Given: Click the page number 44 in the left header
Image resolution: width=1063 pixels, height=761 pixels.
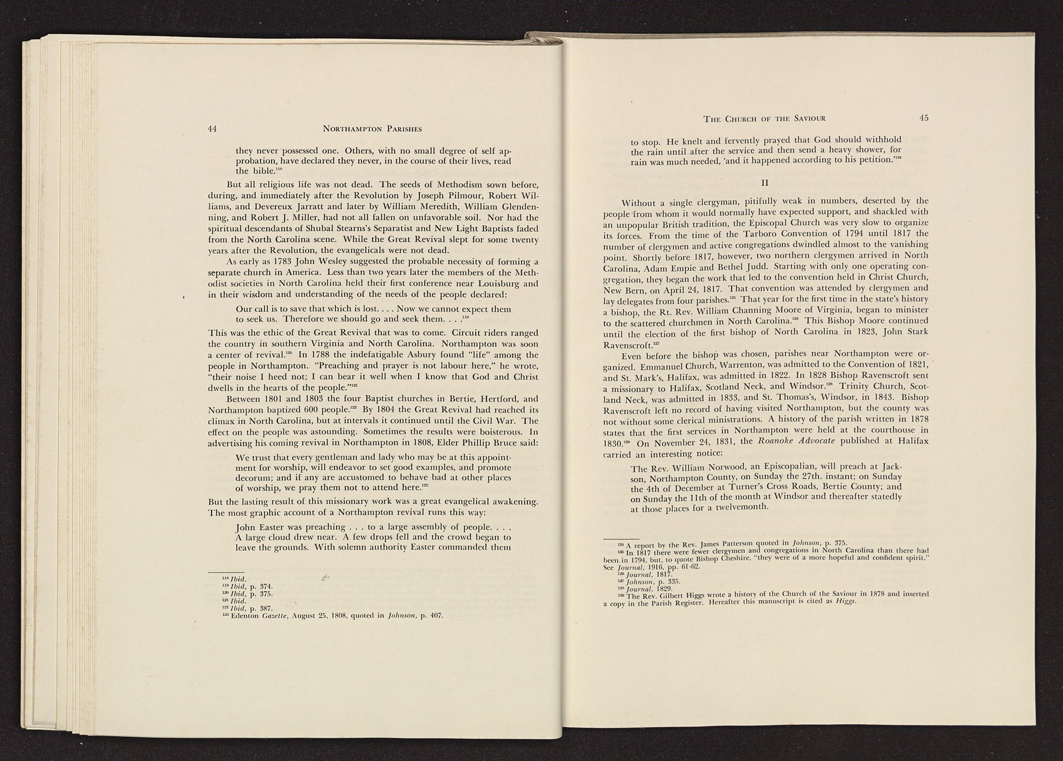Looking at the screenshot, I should point(213,129).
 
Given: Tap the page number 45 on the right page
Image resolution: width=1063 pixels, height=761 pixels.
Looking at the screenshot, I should point(923,118).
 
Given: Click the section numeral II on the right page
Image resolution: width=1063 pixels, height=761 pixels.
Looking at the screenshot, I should point(765,183).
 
